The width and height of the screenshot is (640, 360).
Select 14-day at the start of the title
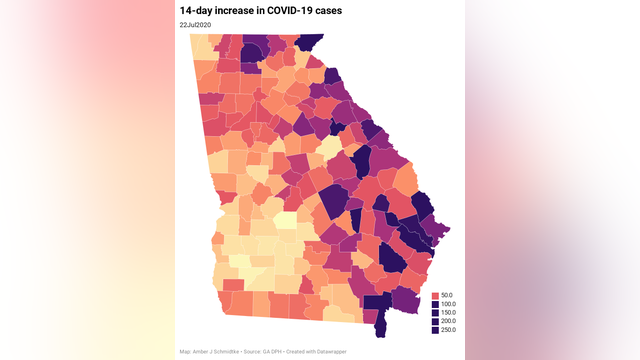coord(195,9)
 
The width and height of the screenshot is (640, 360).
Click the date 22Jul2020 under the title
coord(197,24)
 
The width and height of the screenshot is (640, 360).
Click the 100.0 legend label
coord(448,305)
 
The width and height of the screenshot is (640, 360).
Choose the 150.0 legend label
coord(448,313)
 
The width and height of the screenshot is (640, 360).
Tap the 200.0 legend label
coord(448,321)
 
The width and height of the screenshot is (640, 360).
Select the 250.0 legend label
coord(448,329)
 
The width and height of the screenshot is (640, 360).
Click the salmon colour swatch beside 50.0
coord(435,297)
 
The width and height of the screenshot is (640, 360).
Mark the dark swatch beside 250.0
coord(435,329)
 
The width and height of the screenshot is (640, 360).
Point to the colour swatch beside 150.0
coord(435,313)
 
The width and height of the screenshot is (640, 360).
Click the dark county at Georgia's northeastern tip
coord(311,41)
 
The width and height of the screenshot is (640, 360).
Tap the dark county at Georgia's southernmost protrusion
coord(379,326)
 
